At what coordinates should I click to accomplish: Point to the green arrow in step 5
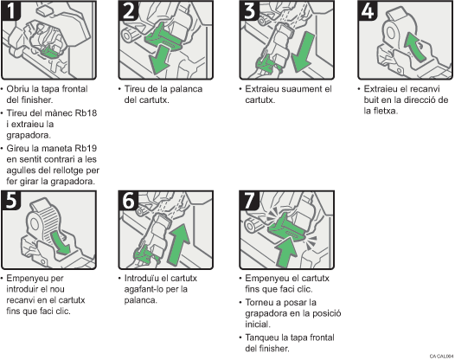(57, 240)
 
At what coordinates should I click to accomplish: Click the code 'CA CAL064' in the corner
(440, 356)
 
